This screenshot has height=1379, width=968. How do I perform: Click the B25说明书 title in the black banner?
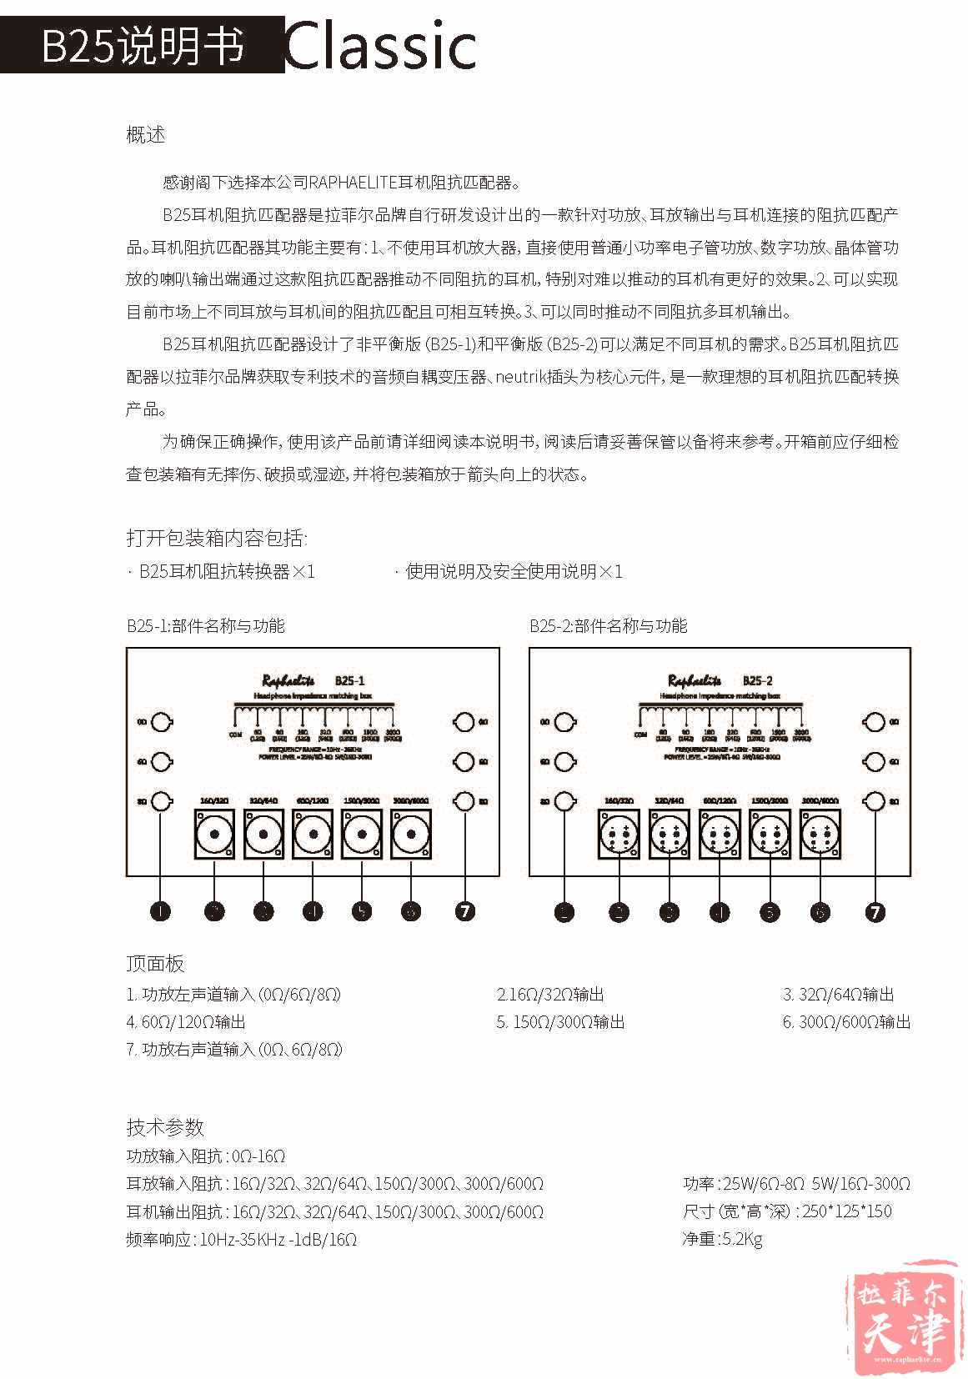(143, 45)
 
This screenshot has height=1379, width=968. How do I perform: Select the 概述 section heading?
(145, 134)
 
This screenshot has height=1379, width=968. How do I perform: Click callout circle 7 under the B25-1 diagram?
(465, 911)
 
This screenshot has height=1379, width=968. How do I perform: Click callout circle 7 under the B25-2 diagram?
(875, 911)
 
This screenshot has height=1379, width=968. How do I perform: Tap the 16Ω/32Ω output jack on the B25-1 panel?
(214, 834)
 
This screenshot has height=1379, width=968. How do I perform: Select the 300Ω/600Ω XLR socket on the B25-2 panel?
(820, 834)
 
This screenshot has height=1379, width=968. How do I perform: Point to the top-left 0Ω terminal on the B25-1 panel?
(161, 722)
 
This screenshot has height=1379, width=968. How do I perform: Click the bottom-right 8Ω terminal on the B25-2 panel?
(875, 801)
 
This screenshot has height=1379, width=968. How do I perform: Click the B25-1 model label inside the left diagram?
(349, 680)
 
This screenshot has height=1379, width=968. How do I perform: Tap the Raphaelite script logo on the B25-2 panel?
(695, 680)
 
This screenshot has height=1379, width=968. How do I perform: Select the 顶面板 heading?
(155, 964)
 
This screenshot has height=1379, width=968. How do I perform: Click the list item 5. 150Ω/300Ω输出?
(560, 1022)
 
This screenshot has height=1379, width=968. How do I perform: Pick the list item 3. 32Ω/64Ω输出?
(838, 995)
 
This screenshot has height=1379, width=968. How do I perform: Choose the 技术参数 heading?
(165, 1127)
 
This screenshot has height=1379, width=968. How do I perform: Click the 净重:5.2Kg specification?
(722, 1239)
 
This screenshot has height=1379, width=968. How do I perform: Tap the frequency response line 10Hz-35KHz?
(242, 1240)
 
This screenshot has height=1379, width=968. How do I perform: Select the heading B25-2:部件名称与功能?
(608, 625)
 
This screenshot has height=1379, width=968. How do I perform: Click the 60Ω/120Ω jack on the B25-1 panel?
(313, 834)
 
